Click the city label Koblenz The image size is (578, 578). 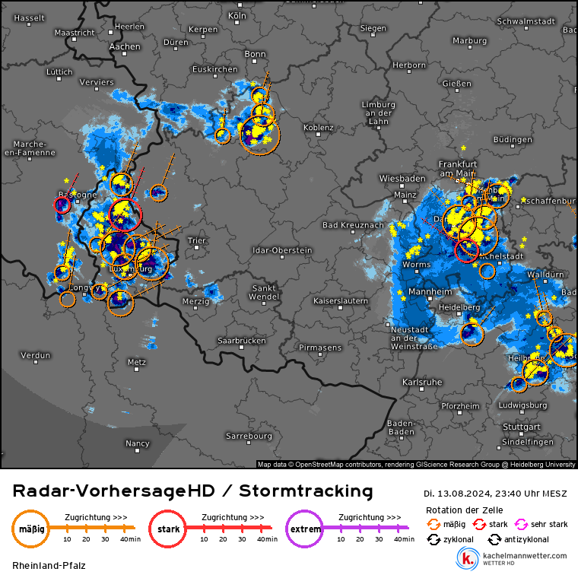pyautogui.click(x=319, y=128)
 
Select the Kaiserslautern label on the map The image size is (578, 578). pyautogui.click(x=341, y=301)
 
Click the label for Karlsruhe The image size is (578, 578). pyautogui.click(x=422, y=382)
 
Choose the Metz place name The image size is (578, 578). pyautogui.click(x=137, y=361)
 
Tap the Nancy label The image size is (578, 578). pyautogui.click(x=138, y=443)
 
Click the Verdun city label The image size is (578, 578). pyautogui.click(x=36, y=355)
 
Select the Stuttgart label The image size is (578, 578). pyautogui.click(x=500, y=427)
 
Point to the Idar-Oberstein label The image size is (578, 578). pyautogui.click(x=285, y=249)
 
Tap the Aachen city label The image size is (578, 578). pyautogui.click(x=125, y=46)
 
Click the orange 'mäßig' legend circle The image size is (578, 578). pyautogui.click(x=30, y=529)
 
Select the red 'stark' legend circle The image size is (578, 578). pyautogui.click(x=167, y=529)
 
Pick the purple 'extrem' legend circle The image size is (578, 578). pyautogui.click(x=304, y=529)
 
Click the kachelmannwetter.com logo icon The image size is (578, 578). pyautogui.click(x=466, y=559)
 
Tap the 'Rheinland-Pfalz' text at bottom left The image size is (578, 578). pyautogui.click(x=49, y=565)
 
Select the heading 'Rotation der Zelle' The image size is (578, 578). pyautogui.click(x=464, y=510)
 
